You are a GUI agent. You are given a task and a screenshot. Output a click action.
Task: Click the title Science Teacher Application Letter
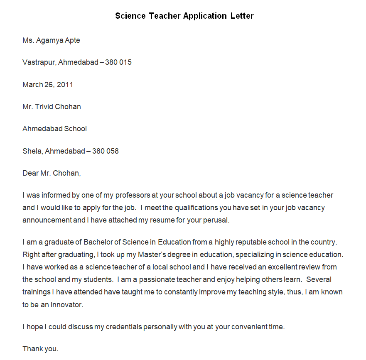click(x=184, y=16)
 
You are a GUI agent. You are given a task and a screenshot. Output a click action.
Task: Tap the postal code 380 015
click(x=118, y=62)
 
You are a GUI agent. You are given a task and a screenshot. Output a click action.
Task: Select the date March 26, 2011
click(x=48, y=85)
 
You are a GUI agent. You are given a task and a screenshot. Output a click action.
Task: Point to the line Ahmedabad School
click(x=54, y=129)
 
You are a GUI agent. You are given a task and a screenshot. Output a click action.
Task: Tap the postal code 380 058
click(x=105, y=151)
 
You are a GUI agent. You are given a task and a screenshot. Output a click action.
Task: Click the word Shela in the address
click(x=32, y=151)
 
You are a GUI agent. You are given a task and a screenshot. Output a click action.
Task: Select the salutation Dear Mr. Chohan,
click(x=52, y=173)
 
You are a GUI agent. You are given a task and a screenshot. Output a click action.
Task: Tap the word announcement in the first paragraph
click(x=47, y=220)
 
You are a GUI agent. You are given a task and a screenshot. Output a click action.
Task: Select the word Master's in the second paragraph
click(x=160, y=255)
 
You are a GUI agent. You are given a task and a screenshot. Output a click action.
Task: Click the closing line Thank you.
click(x=40, y=349)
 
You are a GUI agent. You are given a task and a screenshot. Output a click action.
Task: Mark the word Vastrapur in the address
click(x=39, y=62)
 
